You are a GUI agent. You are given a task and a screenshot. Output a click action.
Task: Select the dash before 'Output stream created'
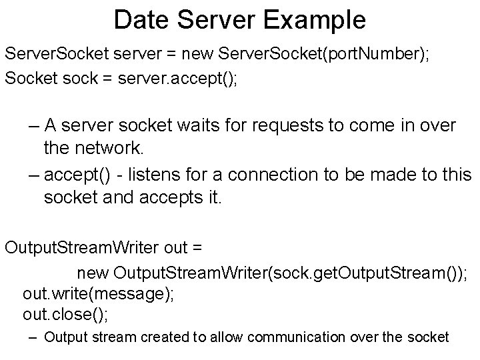point(33,338)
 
